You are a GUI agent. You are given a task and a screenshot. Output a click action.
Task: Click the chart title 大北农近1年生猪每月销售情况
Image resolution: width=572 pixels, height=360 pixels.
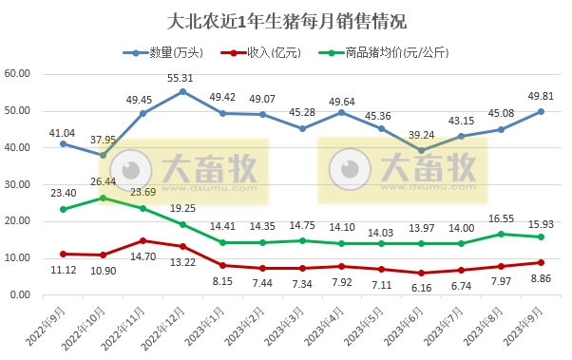tap(285, 18)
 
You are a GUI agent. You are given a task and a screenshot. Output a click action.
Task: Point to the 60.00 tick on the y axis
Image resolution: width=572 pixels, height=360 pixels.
tap(18, 74)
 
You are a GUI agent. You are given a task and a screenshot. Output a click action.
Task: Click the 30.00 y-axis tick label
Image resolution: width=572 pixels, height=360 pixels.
tap(18, 184)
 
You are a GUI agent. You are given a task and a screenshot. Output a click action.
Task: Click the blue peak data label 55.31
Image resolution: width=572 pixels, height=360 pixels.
tap(181, 78)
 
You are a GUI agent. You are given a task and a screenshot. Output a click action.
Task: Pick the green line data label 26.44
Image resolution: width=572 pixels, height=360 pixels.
tap(103, 181)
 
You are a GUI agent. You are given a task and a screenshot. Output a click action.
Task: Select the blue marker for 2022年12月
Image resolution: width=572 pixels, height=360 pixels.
tap(182, 91)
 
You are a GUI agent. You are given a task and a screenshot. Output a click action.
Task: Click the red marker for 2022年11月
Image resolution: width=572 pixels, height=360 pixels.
tap(143, 241)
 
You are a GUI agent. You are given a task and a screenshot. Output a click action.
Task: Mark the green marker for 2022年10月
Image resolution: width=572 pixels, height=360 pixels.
tap(103, 198)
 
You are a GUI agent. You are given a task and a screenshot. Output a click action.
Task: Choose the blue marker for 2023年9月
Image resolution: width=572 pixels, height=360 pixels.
tap(541, 111)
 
